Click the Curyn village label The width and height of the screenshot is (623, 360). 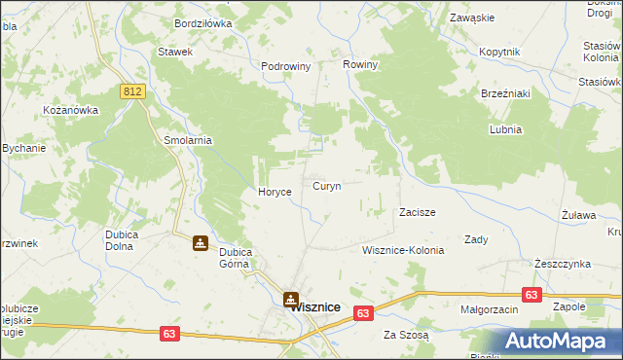(x=326, y=185)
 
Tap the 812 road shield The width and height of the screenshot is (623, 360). (x=134, y=91)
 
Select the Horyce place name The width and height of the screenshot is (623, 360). (x=275, y=192)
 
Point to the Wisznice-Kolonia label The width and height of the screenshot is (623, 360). (x=402, y=250)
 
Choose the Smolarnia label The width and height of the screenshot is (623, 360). (x=188, y=140)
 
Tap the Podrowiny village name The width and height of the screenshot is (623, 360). (x=285, y=66)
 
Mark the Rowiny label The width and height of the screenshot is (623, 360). (x=360, y=64)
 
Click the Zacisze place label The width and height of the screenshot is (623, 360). (x=417, y=211)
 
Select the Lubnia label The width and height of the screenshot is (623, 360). (x=506, y=129)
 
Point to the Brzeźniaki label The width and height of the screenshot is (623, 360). (x=504, y=93)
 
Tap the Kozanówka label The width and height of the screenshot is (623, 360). (x=71, y=110)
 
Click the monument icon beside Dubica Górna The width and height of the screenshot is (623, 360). (x=200, y=242)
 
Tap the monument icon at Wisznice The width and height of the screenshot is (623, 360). (x=290, y=300)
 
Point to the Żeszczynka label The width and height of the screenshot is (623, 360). (x=563, y=264)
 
